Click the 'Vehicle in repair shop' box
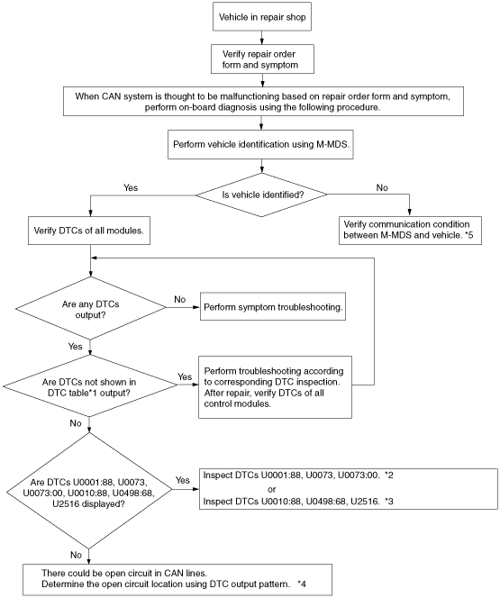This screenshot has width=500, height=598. (262, 17)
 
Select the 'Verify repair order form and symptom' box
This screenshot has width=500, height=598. (262, 59)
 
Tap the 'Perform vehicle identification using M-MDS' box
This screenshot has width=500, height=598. (260, 144)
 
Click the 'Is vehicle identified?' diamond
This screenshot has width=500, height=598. (261, 195)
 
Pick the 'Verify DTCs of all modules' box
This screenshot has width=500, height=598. (89, 231)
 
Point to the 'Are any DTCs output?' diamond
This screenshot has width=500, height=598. (90, 308)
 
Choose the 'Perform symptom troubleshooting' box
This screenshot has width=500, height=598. (273, 306)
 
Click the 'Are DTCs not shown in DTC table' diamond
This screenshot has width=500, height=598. (90, 386)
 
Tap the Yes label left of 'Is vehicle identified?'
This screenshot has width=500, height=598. (131, 187)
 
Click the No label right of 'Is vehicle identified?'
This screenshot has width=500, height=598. (382, 187)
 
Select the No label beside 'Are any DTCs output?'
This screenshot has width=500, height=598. (179, 299)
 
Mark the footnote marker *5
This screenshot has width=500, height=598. (469, 235)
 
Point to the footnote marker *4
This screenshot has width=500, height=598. (302, 584)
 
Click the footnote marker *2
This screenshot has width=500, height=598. (389, 476)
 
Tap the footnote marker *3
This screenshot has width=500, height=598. (389, 501)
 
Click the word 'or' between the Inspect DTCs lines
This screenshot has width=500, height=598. (271, 489)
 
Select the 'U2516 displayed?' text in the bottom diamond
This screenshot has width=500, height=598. (88, 503)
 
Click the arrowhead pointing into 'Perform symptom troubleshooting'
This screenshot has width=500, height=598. (196, 307)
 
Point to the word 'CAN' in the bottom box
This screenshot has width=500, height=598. (174, 573)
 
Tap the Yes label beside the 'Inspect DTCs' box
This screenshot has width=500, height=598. (183, 480)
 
